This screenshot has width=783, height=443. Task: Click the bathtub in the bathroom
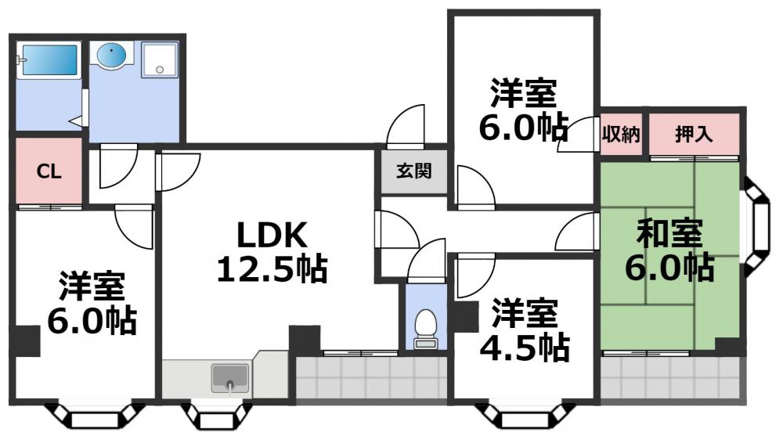click(x=49, y=60)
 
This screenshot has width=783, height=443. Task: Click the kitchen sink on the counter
click(x=229, y=378)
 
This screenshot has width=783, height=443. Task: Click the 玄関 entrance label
click(x=413, y=171)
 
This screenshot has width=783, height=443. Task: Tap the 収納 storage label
click(x=621, y=134)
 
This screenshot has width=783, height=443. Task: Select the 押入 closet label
click(x=694, y=134)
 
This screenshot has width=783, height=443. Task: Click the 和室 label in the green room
click(x=669, y=234)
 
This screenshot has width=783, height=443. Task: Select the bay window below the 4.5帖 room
click(x=519, y=416)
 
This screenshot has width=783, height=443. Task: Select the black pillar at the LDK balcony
click(x=305, y=340)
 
